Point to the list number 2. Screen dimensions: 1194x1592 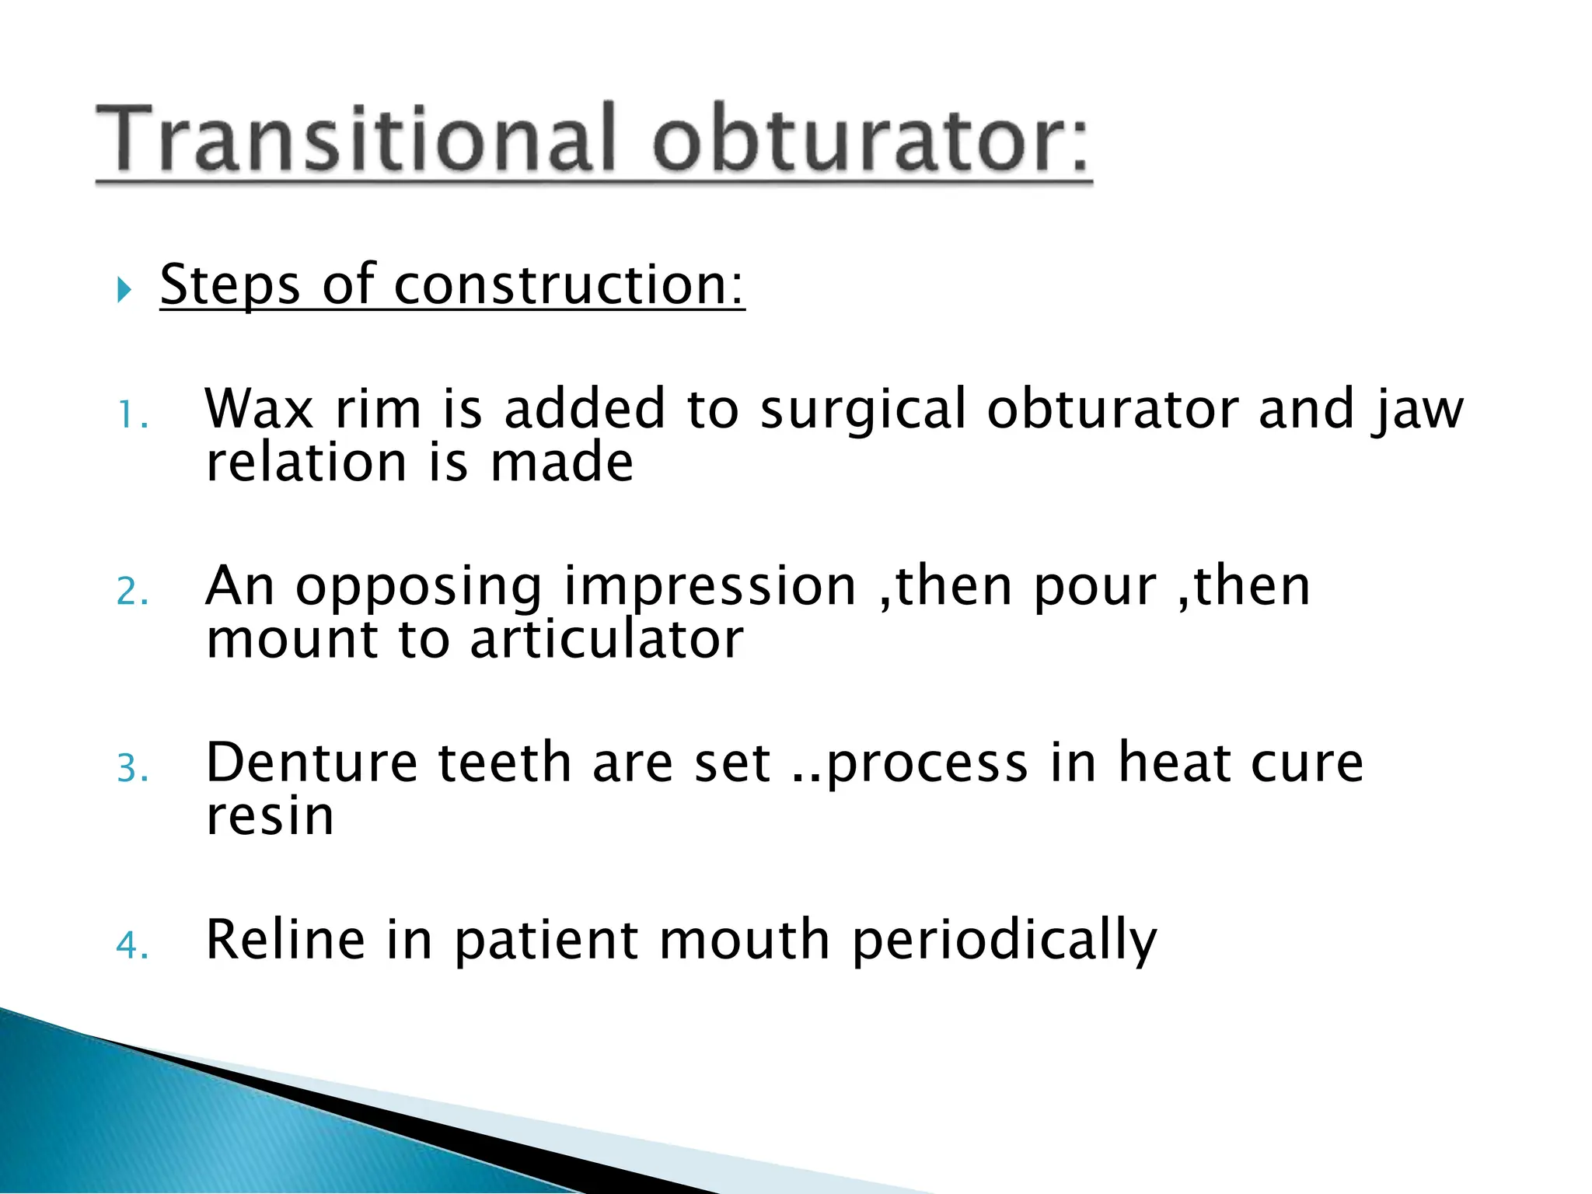tap(131, 592)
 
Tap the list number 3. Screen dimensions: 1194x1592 tap(131, 769)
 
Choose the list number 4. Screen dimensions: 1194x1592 tap(131, 946)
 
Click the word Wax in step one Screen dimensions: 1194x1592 tap(259, 409)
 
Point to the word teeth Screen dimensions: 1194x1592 tap(504, 763)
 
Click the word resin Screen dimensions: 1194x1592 tap(270, 817)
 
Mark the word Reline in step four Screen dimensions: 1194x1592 tap(285, 940)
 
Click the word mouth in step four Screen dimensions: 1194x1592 tap(744, 940)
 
